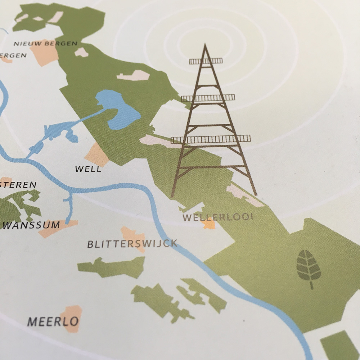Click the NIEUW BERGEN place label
45,44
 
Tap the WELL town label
88,169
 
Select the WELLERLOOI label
218,217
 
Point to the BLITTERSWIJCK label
132,244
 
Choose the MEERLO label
53,321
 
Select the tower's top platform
206,61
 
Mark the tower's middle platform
208,98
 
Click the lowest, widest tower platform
211,139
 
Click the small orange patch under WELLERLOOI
209,225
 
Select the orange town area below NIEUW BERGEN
45,54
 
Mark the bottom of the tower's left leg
172,197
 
